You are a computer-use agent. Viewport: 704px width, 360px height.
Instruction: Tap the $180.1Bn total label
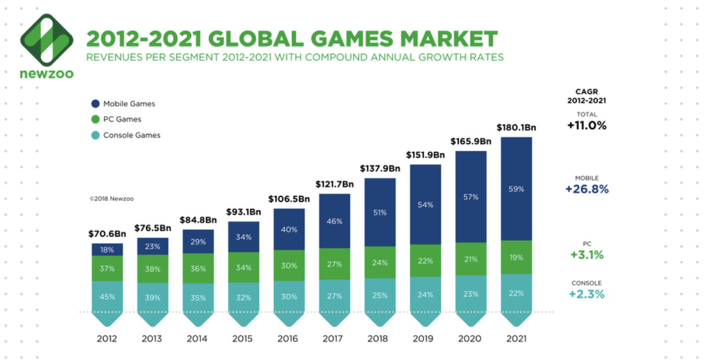click(516, 127)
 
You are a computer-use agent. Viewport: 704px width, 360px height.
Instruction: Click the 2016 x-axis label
click(288, 339)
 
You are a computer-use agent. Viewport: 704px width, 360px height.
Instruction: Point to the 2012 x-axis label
click(107, 339)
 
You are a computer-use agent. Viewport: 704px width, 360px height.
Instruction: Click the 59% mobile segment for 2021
click(516, 189)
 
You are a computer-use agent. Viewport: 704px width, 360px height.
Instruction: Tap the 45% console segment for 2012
click(107, 297)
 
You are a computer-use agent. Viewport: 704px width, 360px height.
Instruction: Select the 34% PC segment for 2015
click(243, 267)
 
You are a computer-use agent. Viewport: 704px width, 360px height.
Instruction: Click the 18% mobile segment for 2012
click(107, 250)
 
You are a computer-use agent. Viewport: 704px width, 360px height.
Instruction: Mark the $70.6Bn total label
click(107, 234)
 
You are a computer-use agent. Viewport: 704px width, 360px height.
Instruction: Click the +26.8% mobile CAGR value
click(587, 189)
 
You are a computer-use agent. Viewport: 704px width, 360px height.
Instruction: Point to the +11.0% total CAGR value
click(587, 126)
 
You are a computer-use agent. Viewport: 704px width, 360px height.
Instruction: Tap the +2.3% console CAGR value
click(587, 294)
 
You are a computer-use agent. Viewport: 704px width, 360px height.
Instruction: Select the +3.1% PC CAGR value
click(587, 255)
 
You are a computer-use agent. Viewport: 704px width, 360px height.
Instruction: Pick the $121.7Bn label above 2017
click(334, 184)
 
